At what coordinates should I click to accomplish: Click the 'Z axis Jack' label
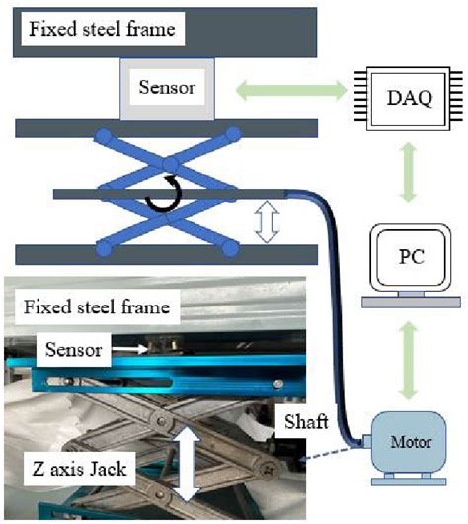74,469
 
